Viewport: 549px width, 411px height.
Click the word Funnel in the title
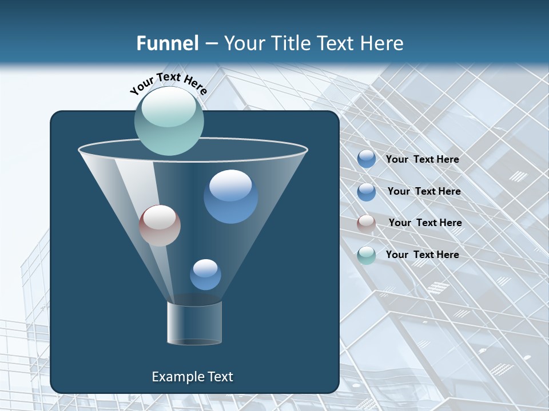[x=167, y=43]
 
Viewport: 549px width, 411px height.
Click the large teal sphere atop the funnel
[x=169, y=121]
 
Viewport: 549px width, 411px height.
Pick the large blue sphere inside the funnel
[x=230, y=196]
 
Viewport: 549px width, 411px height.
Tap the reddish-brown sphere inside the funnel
[x=160, y=225]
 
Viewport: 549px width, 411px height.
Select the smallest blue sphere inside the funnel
[x=205, y=274]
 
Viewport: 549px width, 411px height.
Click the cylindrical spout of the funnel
[x=194, y=323]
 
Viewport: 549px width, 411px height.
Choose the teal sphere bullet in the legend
[x=367, y=255]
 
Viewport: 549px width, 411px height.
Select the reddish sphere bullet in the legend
[x=367, y=224]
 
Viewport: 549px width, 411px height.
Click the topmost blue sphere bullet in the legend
[x=367, y=159]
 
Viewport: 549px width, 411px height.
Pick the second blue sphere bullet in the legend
[x=367, y=192]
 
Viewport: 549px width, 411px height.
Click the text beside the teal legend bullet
[x=422, y=255]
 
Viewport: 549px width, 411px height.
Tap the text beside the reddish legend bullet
[x=425, y=223]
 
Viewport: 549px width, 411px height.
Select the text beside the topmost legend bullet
[x=422, y=159]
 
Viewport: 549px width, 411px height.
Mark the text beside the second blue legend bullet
[x=424, y=191]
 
